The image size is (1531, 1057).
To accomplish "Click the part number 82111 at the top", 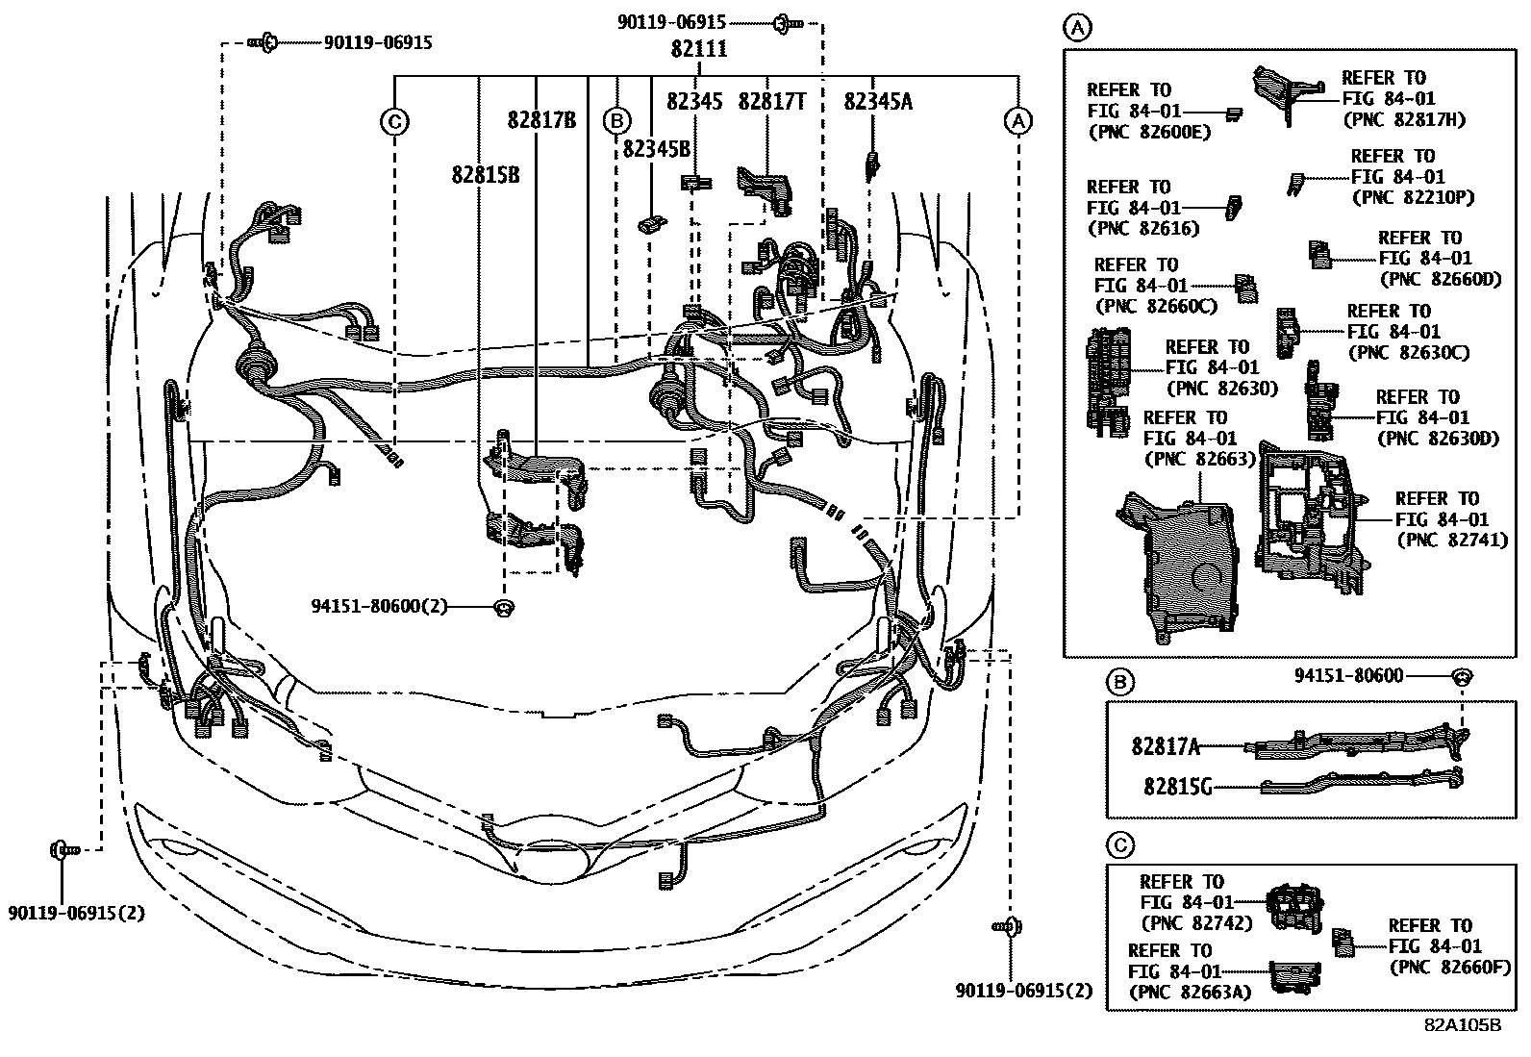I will tap(699, 49).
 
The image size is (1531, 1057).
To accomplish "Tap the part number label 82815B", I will tap(485, 175).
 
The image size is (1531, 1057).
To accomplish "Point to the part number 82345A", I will tap(878, 100).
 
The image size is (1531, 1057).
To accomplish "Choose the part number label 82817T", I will tap(771, 100).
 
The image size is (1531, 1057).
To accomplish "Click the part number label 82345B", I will tap(656, 148).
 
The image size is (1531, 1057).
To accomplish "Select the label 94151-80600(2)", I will tap(379, 606).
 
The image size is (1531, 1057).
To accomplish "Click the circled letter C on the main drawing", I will tap(394, 122).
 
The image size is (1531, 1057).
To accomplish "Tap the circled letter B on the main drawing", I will tap(616, 120).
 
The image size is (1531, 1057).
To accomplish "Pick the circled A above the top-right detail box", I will tap(1077, 28).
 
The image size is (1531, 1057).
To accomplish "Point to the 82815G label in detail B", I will tap(1176, 786).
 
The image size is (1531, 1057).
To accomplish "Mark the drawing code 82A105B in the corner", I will tap(1463, 1025).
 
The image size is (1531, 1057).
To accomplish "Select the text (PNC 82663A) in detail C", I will tap(1191, 991).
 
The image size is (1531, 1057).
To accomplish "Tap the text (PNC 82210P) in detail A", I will tap(1412, 197).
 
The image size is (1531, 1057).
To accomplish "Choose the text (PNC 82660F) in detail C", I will tap(1448, 967).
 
